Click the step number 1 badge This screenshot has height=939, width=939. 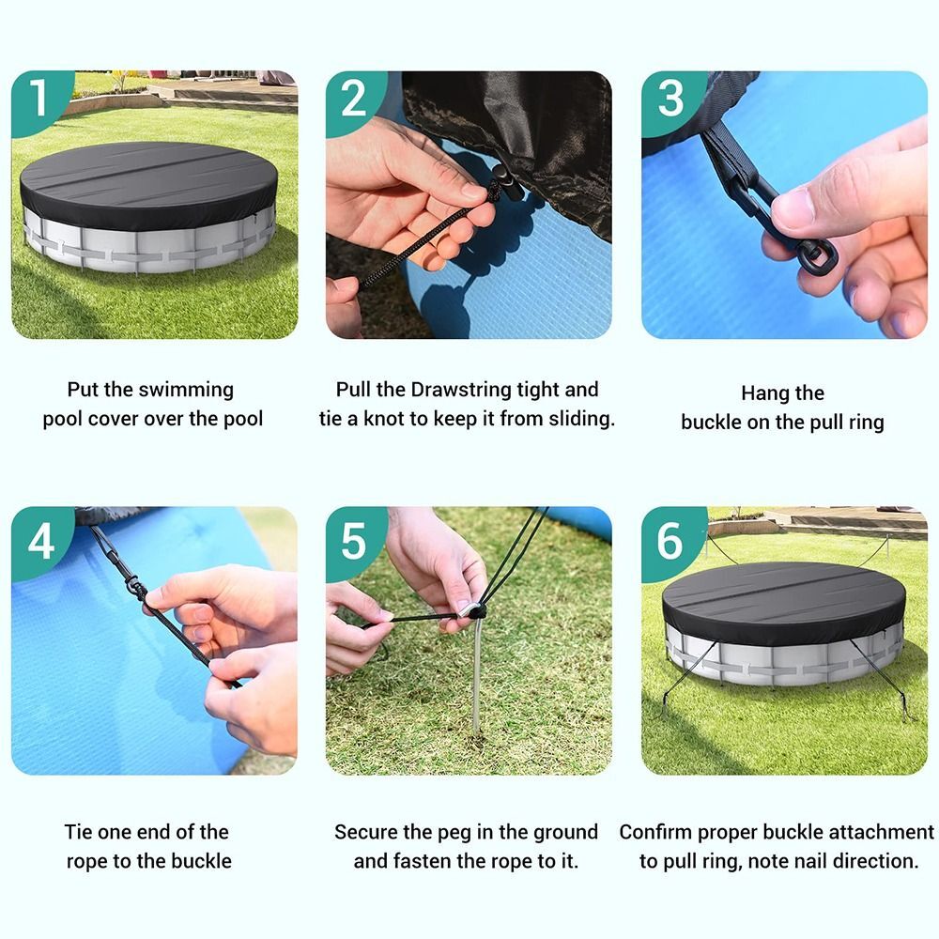38,98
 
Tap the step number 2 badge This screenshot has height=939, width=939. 353,98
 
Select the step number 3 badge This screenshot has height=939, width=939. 670,98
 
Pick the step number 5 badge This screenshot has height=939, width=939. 353,539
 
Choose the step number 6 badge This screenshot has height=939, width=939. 670,539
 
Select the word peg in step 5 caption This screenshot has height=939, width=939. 477,832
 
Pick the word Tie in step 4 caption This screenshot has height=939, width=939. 79,832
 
